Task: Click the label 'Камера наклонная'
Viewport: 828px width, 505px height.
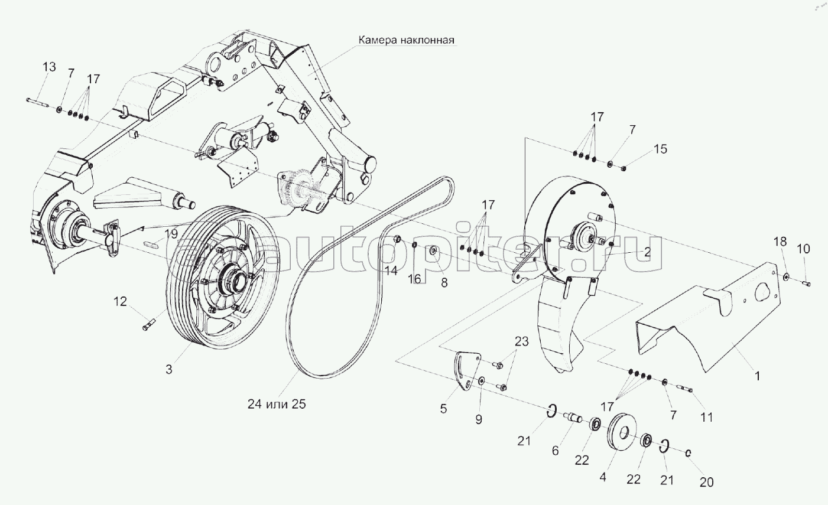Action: pos(406,40)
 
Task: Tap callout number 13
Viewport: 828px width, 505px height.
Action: pos(50,67)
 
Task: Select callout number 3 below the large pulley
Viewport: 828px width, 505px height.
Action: pos(169,369)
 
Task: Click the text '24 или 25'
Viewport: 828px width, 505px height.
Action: pos(277,404)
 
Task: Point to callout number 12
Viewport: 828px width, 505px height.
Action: pos(121,301)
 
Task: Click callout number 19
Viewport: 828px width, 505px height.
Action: pos(171,234)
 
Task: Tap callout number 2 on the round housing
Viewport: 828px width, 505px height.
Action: pos(647,252)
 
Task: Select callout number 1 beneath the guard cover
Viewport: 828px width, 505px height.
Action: pos(758,376)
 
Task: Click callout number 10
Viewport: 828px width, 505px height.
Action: pos(803,249)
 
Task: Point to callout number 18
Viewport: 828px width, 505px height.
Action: pos(780,242)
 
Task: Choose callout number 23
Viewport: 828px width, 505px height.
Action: pos(522,341)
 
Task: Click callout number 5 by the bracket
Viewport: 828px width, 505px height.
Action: pos(444,409)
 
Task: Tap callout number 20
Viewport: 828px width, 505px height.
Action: pos(706,482)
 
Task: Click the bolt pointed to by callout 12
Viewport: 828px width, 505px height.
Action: pos(148,325)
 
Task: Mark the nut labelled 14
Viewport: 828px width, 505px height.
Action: pos(398,239)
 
